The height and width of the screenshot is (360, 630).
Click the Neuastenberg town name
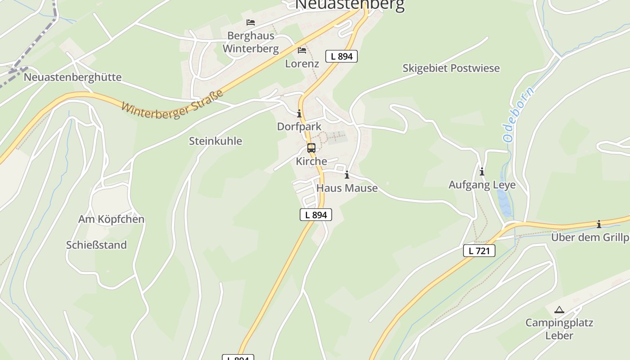[350, 4]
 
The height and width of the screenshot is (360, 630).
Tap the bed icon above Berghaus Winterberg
[251, 22]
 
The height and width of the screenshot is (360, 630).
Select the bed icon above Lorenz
[302, 50]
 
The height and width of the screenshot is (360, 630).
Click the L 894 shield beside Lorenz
[342, 56]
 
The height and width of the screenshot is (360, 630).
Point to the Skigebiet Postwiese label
[451, 68]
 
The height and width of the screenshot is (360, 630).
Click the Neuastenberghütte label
[72, 77]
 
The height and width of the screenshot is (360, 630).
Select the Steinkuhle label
[215, 141]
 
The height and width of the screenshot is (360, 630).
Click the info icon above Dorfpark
[299, 113]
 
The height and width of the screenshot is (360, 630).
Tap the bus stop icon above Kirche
[311, 148]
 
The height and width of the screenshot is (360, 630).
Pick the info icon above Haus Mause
[346, 175]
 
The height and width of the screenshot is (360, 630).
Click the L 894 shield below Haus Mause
[316, 215]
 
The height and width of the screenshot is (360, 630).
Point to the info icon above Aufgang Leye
[482, 171]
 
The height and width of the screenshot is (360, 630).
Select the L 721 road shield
[479, 251]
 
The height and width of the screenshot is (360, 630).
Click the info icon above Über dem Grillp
[599, 224]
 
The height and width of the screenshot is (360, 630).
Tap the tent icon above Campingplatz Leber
[559, 310]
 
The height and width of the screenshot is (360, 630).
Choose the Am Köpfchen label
[111, 219]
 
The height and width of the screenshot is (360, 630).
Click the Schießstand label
[96, 245]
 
